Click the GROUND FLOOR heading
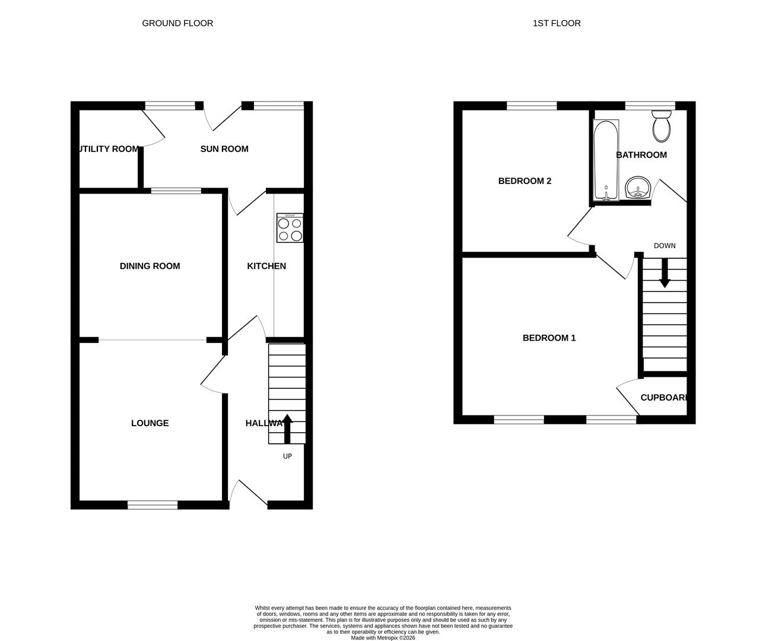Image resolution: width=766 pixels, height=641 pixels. coord(177,23)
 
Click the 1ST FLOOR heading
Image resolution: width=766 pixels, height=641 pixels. coord(556,23)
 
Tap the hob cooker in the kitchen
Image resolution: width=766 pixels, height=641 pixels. coord(290,228)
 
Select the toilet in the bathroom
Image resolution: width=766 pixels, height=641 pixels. coord(661,126)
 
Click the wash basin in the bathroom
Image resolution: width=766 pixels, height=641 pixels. coord(638,188)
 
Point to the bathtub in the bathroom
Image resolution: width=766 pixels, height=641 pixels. coord(606,160)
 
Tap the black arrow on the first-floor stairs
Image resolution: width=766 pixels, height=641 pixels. coord(665,273)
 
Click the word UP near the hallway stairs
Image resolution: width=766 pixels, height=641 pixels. coord(287,456)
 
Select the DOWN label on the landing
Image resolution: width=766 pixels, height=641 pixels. coord(665,246)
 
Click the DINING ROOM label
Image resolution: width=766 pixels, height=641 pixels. coord(150,266)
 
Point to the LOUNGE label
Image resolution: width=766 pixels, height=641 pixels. coord(150,423)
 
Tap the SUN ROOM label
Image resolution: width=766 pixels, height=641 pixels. coord(224,149)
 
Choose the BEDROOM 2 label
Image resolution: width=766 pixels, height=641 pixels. coord(525,181)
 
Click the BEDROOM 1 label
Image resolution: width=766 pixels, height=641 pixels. coord(549,338)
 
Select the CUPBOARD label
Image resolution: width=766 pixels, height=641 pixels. coord(664,398)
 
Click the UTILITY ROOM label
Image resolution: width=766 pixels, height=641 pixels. coord(109,149)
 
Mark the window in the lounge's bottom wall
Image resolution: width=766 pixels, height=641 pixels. coord(152,505)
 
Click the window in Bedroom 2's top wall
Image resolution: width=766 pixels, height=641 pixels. coord(532,106)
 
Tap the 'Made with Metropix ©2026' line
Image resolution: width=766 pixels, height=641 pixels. coord(383,638)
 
